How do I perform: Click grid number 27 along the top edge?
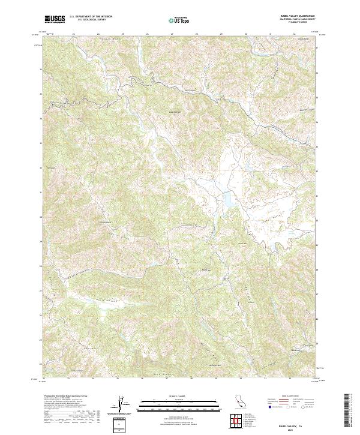[x=172, y=34]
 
